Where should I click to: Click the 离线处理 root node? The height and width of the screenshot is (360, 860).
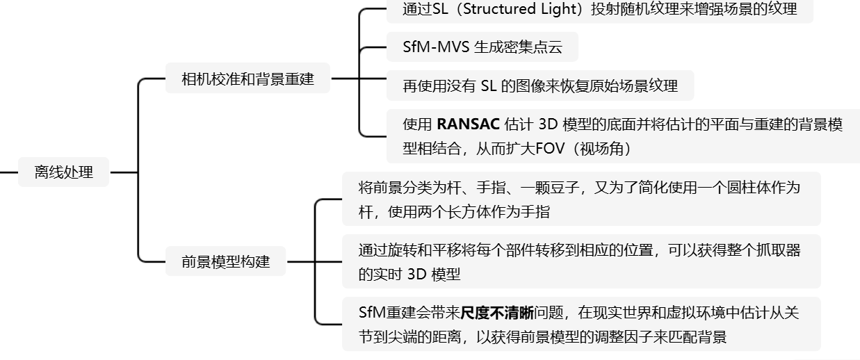(x=64, y=172)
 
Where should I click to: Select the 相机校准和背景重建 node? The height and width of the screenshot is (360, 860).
(x=248, y=79)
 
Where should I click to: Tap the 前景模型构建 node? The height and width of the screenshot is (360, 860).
(x=225, y=262)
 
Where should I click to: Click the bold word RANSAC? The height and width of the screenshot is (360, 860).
(x=468, y=125)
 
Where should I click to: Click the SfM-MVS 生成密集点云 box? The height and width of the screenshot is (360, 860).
(x=482, y=47)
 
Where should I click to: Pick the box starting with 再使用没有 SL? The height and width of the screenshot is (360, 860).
(x=539, y=86)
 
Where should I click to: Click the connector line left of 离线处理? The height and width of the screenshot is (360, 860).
(x=8, y=172)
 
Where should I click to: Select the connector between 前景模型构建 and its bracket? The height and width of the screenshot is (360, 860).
(x=300, y=262)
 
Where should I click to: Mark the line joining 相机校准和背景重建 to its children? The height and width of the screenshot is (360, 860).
(x=344, y=79)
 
